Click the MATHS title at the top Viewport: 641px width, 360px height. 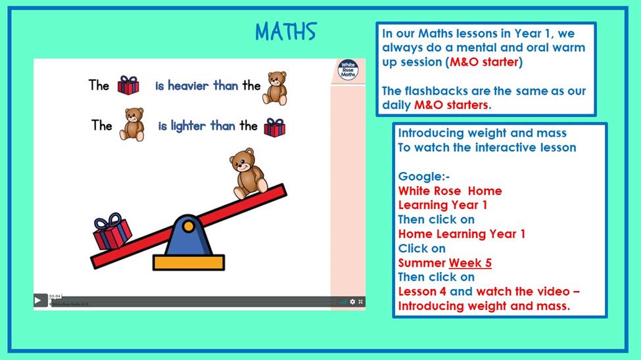[286, 32]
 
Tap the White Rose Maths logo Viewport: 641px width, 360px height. [348, 70]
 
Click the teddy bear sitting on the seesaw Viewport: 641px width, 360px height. [248, 173]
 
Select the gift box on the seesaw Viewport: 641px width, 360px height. [112, 231]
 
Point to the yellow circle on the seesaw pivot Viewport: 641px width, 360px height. [189, 226]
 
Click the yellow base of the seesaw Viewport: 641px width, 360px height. [189, 262]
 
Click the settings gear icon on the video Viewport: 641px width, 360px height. [352, 302]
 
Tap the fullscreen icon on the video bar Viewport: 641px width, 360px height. [360, 302]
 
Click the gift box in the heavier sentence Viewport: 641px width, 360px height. [128, 85]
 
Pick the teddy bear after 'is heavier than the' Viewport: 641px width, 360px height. [275, 88]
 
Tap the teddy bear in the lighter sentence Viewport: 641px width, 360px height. [132, 124]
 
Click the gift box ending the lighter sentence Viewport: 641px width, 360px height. [275, 127]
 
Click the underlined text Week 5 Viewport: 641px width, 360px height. [470, 263]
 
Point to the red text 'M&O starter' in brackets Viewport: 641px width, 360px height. [484, 62]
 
